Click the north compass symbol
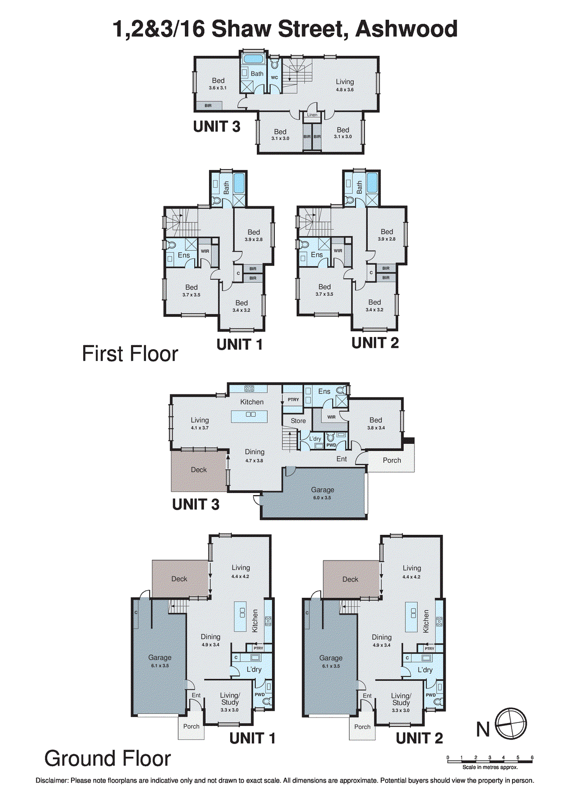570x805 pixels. point(511,725)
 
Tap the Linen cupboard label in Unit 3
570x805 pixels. point(312,115)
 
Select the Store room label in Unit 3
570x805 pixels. point(298,421)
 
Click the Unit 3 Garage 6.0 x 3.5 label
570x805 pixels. point(322,493)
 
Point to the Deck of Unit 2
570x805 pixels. point(350,579)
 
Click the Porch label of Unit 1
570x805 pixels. point(191,727)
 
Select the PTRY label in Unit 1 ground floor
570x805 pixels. point(258,648)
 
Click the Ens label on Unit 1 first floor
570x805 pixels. point(184,255)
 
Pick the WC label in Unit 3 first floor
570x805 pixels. point(274,77)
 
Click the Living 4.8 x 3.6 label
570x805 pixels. point(345,85)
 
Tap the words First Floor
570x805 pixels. point(130,354)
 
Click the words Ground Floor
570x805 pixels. point(108,759)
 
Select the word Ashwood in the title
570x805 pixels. point(406,29)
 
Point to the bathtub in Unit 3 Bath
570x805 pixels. point(253,59)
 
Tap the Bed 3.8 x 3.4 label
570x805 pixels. point(376,423)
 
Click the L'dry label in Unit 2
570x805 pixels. point(425,670)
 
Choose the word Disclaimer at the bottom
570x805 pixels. point(51,781)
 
